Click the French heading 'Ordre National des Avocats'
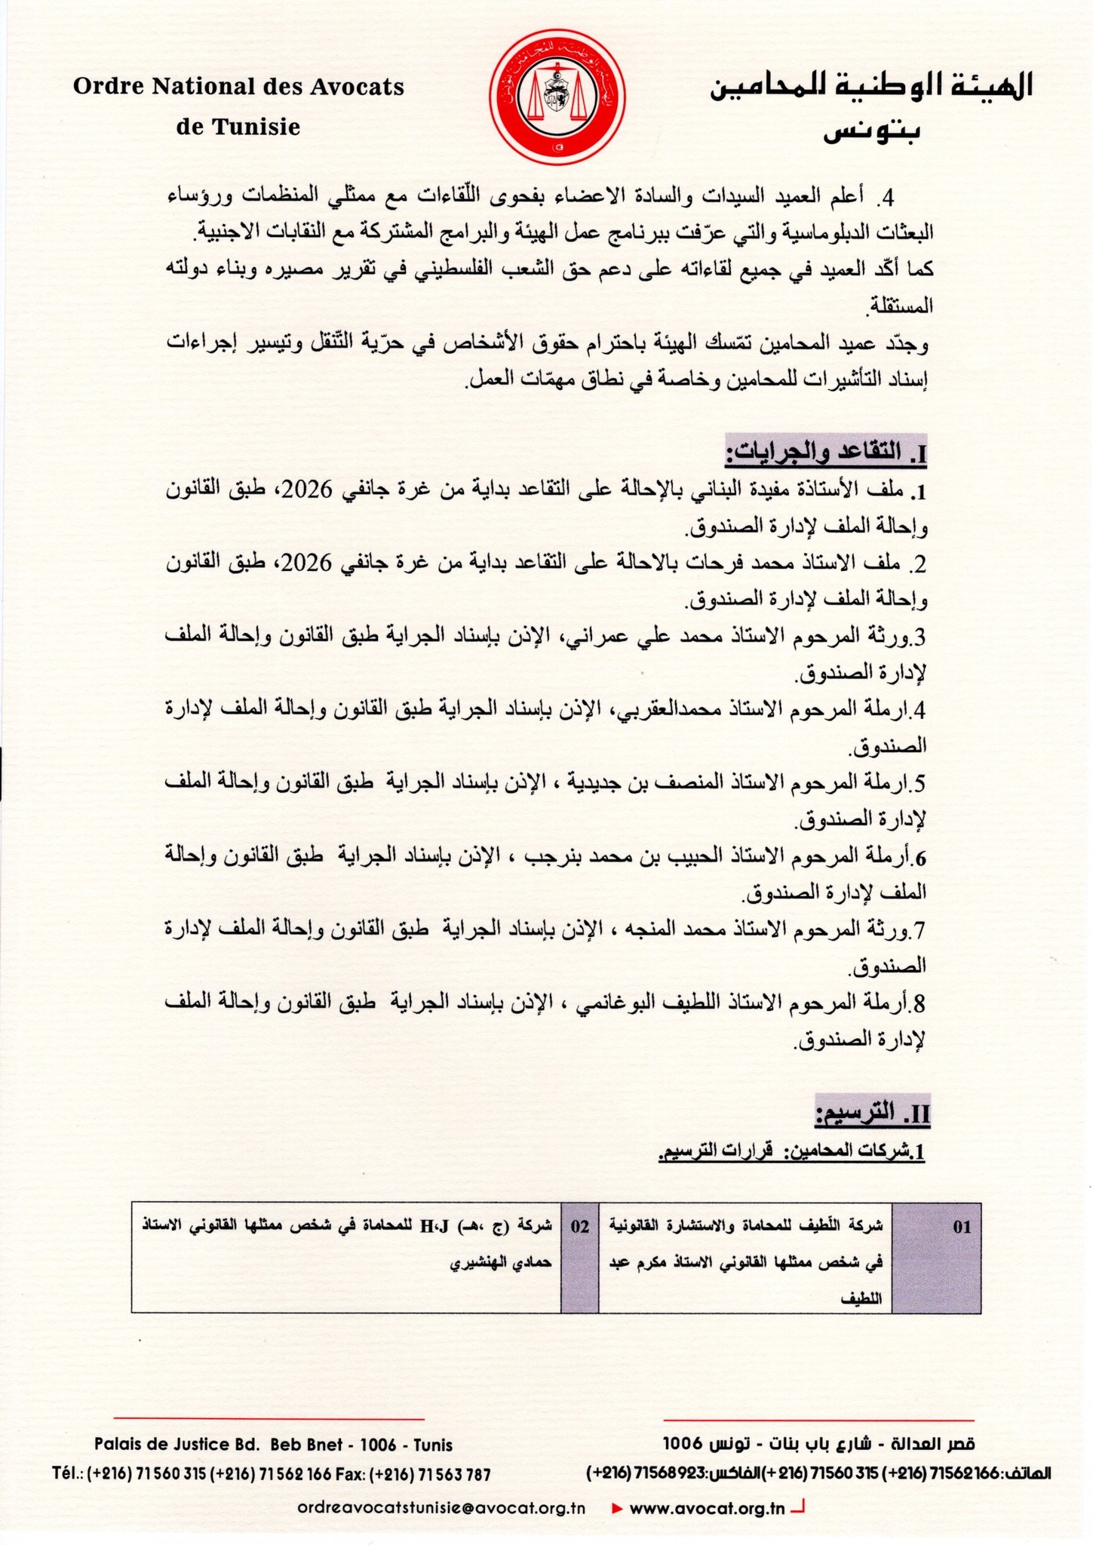(238, 87)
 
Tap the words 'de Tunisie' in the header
(238, 127)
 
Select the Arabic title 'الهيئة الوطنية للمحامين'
(870, 87)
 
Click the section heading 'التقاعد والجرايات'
(825, 453)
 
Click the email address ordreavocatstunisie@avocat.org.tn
(442, 1507)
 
